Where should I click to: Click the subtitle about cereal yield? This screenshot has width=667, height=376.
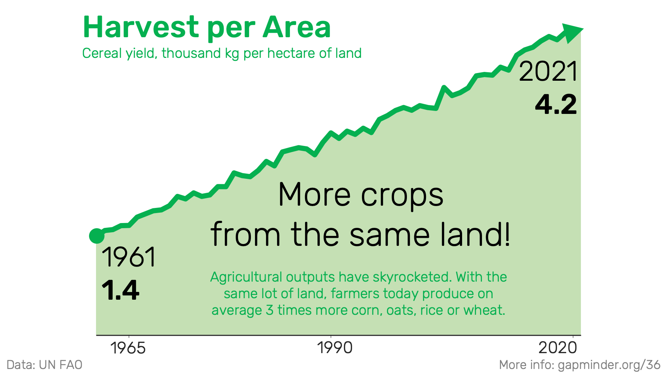point(222,53)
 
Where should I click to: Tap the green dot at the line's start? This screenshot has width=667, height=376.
point(97,236)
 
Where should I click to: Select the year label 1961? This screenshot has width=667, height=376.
point(128,257)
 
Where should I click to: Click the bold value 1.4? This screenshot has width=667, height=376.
point(120,290)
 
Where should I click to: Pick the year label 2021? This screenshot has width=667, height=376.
point(548,72)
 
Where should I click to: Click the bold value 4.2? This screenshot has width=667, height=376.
point(556,105)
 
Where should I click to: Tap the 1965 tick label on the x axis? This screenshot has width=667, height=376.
point(128,348)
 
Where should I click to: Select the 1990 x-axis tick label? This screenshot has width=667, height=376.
point(335,348)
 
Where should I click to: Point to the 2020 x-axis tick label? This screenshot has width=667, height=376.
point(558,348)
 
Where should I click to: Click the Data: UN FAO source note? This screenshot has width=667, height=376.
point(45,365)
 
